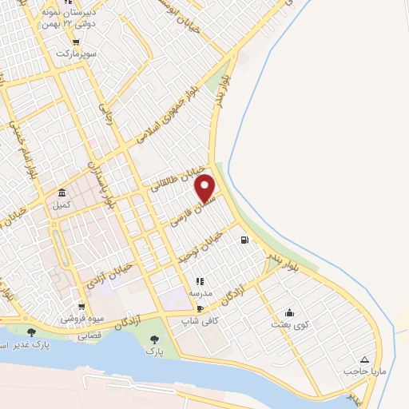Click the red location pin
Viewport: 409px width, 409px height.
[206, 188]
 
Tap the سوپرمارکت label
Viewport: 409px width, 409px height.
[75, 54]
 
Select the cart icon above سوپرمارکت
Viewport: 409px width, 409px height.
[75, 42]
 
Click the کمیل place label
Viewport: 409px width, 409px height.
[62, 204]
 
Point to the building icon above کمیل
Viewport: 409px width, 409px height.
[62, 193]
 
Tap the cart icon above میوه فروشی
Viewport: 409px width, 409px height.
[81, 306]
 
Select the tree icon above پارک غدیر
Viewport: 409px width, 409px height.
[32, 332]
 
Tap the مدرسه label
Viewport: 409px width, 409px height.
[200, 293]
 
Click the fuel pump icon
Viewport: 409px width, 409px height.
[244, 239]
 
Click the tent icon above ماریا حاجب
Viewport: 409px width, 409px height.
[365, 359]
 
